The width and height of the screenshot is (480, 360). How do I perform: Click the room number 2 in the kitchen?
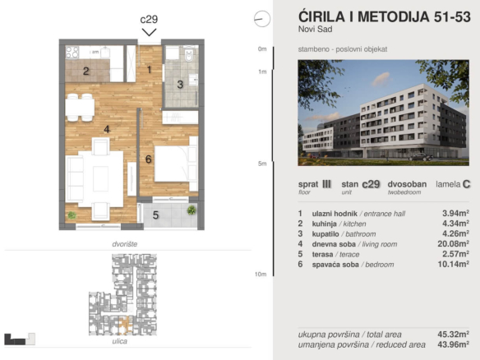(x=86, y=71)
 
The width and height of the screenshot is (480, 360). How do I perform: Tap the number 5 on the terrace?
(x=155, y=215)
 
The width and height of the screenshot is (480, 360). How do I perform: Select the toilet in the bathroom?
(x=189, y=54)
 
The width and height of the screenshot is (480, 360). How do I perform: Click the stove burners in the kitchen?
(x=72, y=52)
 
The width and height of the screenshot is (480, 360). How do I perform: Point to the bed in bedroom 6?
(x=176, y=164)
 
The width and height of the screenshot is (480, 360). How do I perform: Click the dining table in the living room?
(x=80, y=107)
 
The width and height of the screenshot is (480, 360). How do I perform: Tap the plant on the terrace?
(x=192, y=210)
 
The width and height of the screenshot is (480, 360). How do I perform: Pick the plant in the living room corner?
(x=72, y=215)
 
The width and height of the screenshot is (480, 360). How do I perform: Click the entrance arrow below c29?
(x=149, y=32)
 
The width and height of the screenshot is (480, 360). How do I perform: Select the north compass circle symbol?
(x=262, y=19)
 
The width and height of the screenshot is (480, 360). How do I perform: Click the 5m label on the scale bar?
(x=262, y=164)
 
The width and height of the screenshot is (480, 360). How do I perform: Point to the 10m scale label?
(x=261, y=275)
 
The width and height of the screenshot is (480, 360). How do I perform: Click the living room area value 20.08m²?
(x=454, y=243)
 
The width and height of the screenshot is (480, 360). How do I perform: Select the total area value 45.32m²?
(x=454, y=334)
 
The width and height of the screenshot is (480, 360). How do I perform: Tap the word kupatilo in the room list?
(x=325, y=234)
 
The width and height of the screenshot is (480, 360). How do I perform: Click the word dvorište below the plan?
(x=125, y=244)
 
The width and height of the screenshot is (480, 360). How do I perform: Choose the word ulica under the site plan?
(x=120, y=341)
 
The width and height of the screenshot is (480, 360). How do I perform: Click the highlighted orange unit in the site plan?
(x=125, y=325)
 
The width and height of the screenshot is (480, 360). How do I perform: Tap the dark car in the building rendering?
(x=420, y=157)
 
